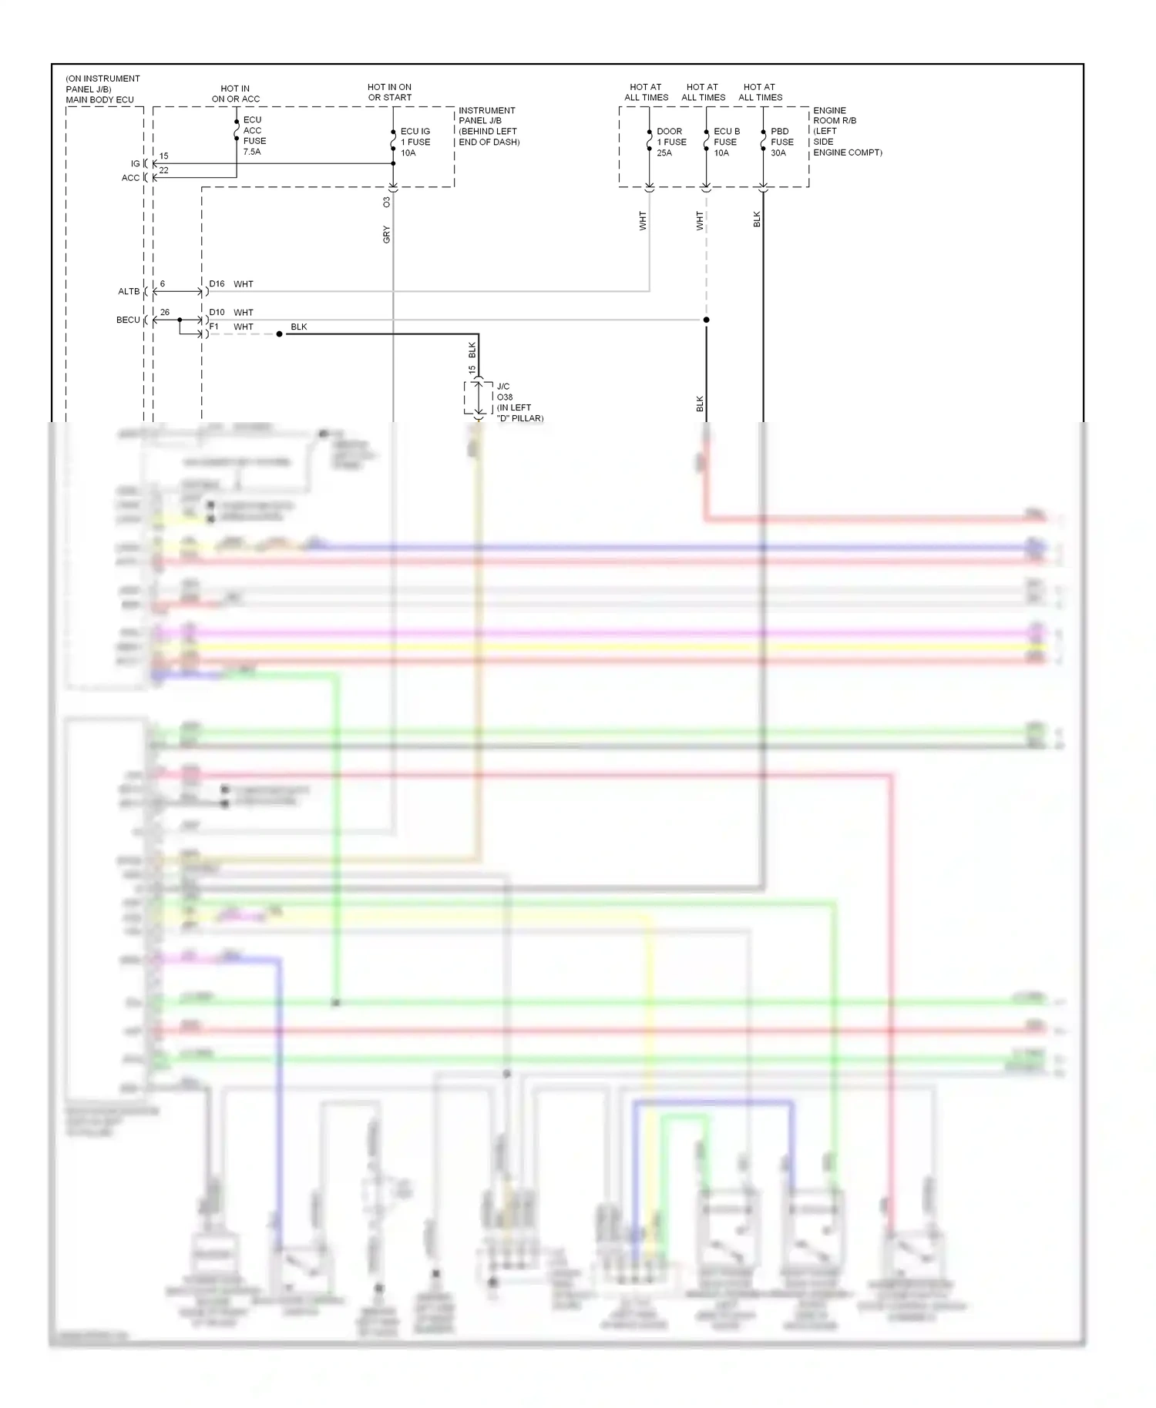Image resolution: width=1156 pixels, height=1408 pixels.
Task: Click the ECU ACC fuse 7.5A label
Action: pyautogui.click(x=254, y=136)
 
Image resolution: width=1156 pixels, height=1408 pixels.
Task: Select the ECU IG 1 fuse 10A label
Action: pyautogui.click(x=415, y=142)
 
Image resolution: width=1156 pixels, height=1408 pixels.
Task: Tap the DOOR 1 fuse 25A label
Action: pyautogui.click(x=670, y=142)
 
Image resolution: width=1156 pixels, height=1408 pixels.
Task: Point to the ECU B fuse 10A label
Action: pyautogui.click(x=726, y=142)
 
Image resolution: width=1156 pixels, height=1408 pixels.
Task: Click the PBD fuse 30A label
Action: pyautogui.click(x=781, y=142)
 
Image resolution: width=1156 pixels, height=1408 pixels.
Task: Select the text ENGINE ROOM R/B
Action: pyautogui.click(x=835, y=116)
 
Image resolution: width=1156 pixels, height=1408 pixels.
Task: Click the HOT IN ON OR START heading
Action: pyautogui.click(x=389, y=92)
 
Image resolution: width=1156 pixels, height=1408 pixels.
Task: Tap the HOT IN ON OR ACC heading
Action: pyautogui.click(x=235, y=94)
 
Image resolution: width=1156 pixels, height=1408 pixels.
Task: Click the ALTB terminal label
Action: pyautogui.click(x=129, y=292)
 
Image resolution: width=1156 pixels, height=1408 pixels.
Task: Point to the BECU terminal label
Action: pyautogui.click(x=128, y=320)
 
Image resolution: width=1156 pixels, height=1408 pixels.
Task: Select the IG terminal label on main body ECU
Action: pyautogui.click(x=135, y=164)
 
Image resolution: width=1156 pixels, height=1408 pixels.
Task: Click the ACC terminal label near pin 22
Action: pyautogui.click(x=130, y=178)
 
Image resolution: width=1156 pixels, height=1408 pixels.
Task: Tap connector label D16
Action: pyautogui.click(x=217, y=284)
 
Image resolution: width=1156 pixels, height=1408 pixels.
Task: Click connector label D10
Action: pyautogui.click(x=217, y=313)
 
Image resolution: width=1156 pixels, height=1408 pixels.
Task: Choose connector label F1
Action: pyautogui.click(x=214, y=327)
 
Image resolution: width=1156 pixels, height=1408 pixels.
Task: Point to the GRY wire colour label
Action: pyautogui.click(x=386, y=235)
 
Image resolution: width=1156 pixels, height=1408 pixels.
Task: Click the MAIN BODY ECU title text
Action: pyautogui.click(x=99, y=100)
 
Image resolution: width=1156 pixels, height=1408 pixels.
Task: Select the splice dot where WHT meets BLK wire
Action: pyautogui.click(x=279, y=334)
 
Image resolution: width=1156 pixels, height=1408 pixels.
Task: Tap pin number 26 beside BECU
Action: pyautogui.click(x=165, y=313)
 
